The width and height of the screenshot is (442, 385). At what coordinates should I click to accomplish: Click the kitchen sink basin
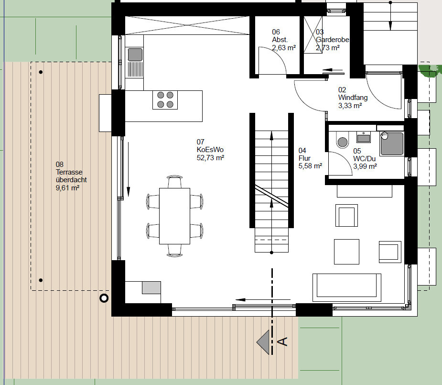click(x=135, y=55)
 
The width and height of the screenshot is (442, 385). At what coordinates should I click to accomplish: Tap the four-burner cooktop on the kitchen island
click(x=165, y=100)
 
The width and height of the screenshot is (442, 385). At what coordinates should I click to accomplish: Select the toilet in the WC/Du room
click(x=343, y=140)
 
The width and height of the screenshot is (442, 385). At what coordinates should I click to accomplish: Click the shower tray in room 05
click(x=392, y=143)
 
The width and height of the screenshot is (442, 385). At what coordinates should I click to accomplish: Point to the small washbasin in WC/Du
click(x=363, y=137)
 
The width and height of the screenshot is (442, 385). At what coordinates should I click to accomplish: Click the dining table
click(x=174, y=216)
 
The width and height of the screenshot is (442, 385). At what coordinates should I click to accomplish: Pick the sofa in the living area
click(x=347, y=287)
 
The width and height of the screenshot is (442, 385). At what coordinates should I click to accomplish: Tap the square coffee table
click(x=346, y=252)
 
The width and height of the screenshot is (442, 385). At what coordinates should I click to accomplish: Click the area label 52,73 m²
click(x=210, y=158)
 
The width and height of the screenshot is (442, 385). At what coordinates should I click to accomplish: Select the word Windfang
click(x=353, y=98)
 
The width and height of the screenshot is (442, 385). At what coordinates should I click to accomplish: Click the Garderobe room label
click(x=333, y=40)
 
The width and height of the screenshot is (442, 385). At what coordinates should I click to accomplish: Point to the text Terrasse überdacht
click(x=71, y=176)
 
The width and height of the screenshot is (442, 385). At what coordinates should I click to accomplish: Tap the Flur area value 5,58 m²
click(x=310, y=166)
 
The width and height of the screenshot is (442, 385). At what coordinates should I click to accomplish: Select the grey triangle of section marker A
click(x=263, y=342)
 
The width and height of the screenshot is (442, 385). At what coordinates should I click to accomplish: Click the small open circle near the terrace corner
click(x=104, y=298)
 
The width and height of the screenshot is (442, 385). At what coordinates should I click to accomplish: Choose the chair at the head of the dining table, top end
click(x=175, y=181)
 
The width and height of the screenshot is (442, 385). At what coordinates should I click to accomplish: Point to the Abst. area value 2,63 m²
click(x=284, y=48)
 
